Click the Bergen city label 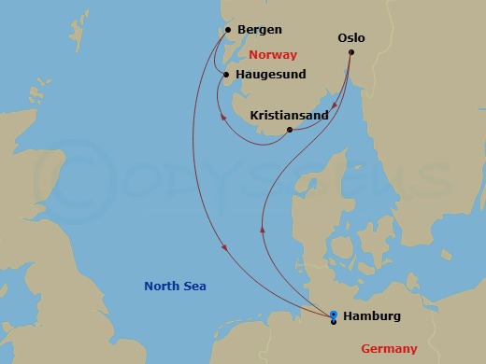pyautogui.click(x=260, y=30)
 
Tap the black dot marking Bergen pyautogui.click(x=229, y=30)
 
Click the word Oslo pyautogui.click(x=350, y=38)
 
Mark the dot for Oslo pyautogui.click(x=351, y=52)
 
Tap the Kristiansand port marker pyautogui.click(x=290, y=130)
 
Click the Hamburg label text pyautogui.click(x=372, y=316)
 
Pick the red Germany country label pyautogui.click(x=391, y=348)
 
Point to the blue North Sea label pyautogui.click(x=175, y=286)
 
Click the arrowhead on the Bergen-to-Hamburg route pyautogui.click(x=225, y=247)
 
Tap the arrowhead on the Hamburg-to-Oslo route pyautogui.click(x=263, y=229)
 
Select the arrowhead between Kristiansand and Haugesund pyautogui.click(x=220, y=118)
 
